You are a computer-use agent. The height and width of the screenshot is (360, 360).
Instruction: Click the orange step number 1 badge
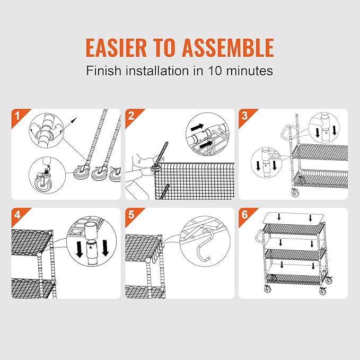coord(17,114)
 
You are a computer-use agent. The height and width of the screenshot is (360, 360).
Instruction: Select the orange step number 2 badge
coord(130,114)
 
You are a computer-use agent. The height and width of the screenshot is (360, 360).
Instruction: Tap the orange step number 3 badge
coord(244,114)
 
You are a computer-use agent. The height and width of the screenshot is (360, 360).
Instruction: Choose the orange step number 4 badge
coord(17,214)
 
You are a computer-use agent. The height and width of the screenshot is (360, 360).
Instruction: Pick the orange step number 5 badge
coord(130,214)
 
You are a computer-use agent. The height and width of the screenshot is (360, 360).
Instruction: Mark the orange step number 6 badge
coord(244,214)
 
